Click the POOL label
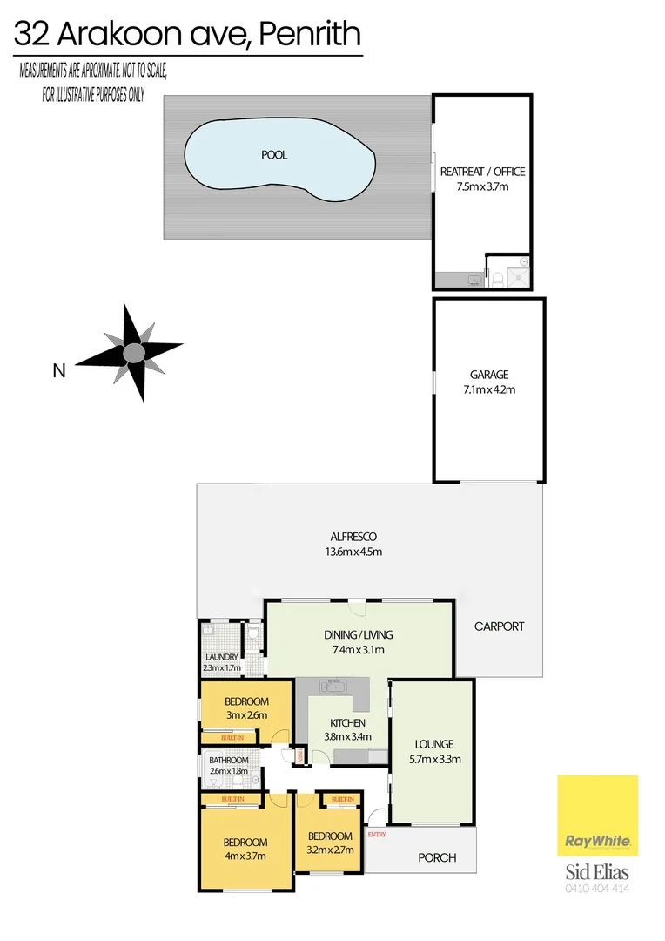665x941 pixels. (x=274, y=155)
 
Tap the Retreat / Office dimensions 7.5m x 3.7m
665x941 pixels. (x=482, y=186)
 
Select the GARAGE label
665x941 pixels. (x=489, y=376)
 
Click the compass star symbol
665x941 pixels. (x=133, y=353)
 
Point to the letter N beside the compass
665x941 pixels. (x=59, y=371)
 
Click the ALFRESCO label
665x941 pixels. (x=353, y=537)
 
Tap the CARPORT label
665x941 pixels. (x=500, y=626)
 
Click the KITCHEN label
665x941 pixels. (x=347, y=723)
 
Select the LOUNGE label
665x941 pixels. (x=434, y=744)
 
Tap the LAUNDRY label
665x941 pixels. (x=222, y=657)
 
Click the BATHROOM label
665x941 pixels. (x=229, y=760)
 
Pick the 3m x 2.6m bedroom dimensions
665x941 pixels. (x=245, y=715)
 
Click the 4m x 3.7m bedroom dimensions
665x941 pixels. (x=245, y=856)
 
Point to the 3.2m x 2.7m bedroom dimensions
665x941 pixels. (x=331, y=850)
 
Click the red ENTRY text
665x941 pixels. (x=377, y=834)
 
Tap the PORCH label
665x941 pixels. (x=437, y=857)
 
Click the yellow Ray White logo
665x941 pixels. (x=597, y=816)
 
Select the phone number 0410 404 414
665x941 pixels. (x=597, y=890)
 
